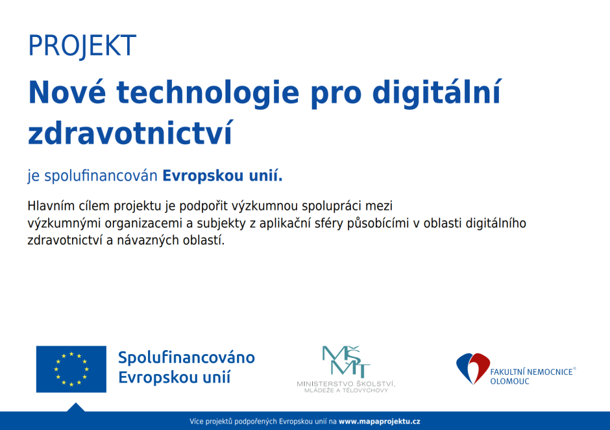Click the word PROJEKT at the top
82,45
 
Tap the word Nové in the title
67,92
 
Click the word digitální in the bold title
437,92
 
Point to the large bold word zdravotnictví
130,132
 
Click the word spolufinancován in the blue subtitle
101,176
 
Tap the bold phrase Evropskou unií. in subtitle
222,176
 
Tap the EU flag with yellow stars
71,369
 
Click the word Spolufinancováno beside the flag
186,357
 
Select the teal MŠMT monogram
346,361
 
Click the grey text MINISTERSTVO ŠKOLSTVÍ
346,384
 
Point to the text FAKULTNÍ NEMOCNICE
531,372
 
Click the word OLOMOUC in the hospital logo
509,381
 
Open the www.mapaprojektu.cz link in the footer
380,421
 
